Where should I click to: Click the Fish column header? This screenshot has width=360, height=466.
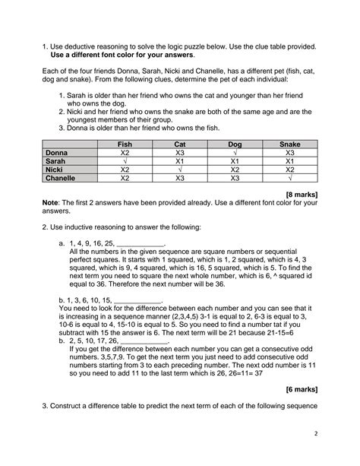[x=124, y=144]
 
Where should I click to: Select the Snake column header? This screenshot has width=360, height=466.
[x=289, y=144]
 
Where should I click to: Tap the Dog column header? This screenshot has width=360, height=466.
[x=235, y=144]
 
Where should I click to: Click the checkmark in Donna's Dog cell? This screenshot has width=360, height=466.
[x=235, y=153]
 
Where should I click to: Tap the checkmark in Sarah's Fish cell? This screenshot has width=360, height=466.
[x=124, y=162]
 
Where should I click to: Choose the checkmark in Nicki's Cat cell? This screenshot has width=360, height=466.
[x=179, y=170]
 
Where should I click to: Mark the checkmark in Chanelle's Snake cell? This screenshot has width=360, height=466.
[x=289, y=179]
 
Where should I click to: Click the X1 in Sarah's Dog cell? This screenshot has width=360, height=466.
[x=235, y=162]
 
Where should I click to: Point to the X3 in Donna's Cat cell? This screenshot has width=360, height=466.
[x=179, y=153]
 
